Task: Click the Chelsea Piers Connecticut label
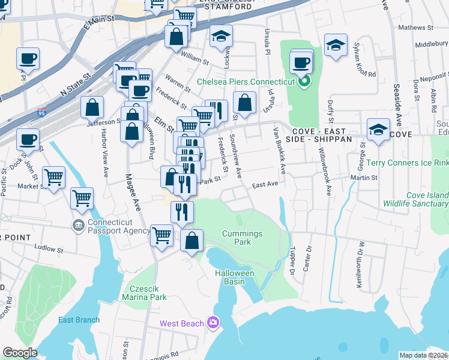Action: tap(247, 82)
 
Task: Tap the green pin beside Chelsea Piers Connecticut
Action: tap(305, 82)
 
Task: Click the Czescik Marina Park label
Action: tap(144, 292)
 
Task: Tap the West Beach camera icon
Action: tap(212, 323)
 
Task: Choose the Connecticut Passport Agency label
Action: tap(119, 226)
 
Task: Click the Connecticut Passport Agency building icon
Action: tap(79, 226)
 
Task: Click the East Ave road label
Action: tap(265, 185)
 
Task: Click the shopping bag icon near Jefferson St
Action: tap(92, 107)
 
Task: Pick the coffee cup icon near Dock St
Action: tap(28, 139)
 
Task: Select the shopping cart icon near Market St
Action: tap(53, 176)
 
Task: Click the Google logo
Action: tap(20, 353)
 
